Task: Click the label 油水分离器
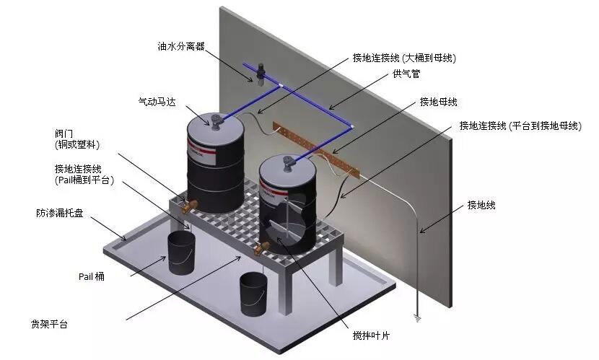(181, 46)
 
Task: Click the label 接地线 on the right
(481, 205)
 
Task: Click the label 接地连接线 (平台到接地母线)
(520, 126)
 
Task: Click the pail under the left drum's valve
(182, 253)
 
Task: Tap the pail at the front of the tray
(253, 289)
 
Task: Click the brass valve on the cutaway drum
(261, 249)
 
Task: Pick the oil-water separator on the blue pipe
(261, 72)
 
